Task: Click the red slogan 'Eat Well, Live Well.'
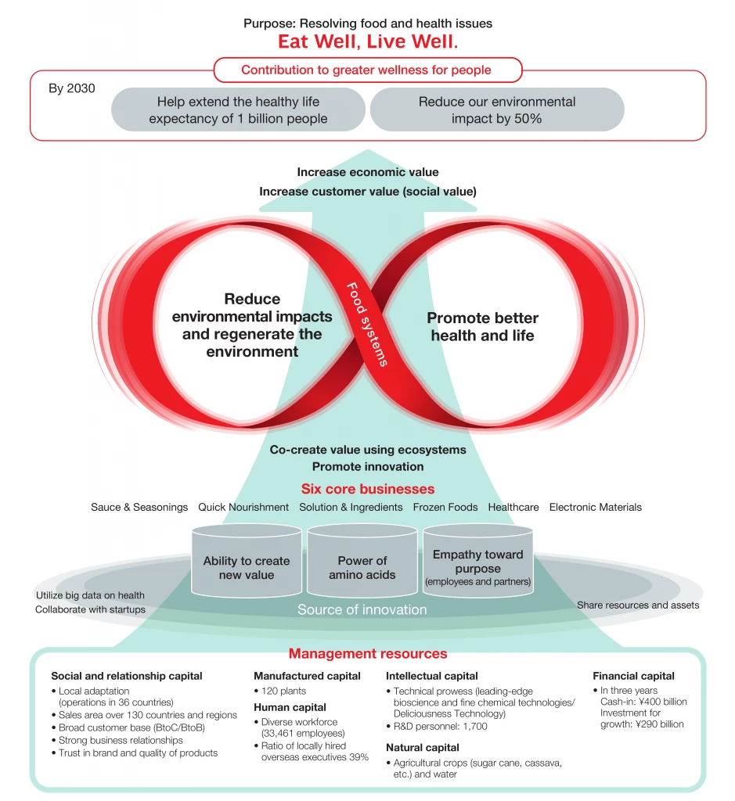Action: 368,41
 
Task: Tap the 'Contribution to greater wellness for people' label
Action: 366,70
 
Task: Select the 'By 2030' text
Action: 72,88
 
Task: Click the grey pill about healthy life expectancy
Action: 238,110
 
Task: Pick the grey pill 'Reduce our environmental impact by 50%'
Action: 496,110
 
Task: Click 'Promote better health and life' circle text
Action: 482,327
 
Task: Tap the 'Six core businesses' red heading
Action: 367,489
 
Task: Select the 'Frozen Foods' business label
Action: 445,507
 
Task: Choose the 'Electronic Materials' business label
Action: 595,507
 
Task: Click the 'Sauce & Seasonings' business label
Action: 139,507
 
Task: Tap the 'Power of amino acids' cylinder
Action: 362,567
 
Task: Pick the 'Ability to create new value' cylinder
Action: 247,567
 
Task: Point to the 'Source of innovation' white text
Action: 362,609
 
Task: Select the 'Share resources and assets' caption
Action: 638,605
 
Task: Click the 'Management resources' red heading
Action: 368,653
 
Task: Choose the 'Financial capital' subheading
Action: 633,676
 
